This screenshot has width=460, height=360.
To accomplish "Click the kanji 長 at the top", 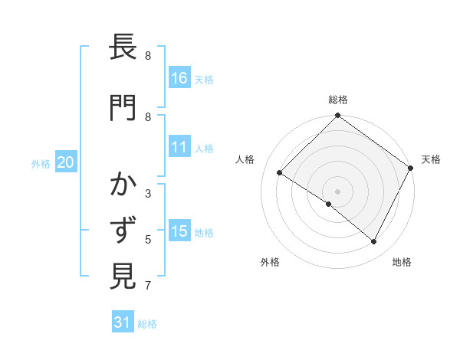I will [x=123, y=48].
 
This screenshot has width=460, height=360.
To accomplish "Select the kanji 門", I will [x=123, y=108].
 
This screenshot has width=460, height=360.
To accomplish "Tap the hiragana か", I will [x=123, y=185].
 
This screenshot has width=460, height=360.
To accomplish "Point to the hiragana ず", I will [x=123, y=231].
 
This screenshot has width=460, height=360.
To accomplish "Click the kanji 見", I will [x=123, y=276].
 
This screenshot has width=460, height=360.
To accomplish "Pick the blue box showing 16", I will [x=179, y=78].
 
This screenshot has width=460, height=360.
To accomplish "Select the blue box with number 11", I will [x=179, y=147].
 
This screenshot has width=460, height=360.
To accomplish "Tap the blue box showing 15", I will [x=179, y=231].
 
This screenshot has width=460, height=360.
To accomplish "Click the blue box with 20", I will [x=66, y=162].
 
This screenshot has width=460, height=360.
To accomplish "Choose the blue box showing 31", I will [x=123, y=322].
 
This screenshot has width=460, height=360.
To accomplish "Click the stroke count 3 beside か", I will [x=148, y=194].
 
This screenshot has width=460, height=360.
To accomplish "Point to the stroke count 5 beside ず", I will [x=148, y=240].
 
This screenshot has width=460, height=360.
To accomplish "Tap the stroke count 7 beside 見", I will [x=148, y=286].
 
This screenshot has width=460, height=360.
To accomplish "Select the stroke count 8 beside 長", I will [x=148, y=56].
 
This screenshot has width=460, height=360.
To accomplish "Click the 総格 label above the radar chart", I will [x=338, y=100].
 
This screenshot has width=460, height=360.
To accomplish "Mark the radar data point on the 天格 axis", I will [x=411, y=168].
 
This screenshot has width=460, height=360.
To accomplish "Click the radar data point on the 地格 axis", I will [x=374, y=242].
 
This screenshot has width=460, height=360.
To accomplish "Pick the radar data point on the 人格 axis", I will [x=280, y=173].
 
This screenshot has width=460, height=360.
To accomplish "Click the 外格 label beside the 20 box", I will [x=41, y=163].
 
